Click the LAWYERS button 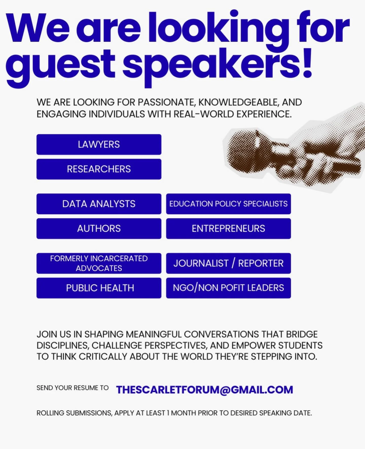[99, 145]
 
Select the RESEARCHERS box [99, 169]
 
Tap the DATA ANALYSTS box [99, 204]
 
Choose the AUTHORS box [99, 228]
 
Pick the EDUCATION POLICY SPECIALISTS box [228, 204]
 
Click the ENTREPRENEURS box [228, 228]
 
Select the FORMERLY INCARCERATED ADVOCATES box [99, 263]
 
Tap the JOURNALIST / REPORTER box [228, 263]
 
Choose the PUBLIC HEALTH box [99, 288]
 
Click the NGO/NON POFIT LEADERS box [228, 288]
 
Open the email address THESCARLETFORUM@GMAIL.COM [205, 390]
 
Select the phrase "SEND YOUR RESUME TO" [72, 388]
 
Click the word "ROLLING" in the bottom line [50, 413]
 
